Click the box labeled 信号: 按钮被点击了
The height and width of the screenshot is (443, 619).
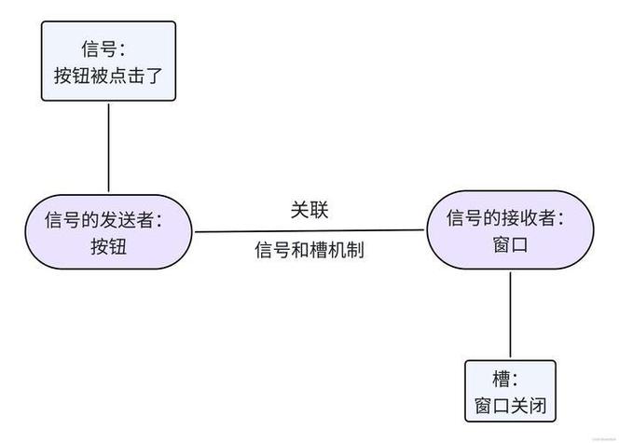(x=108, y=61)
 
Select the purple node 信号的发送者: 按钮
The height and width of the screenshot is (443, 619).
(x=108, y=232)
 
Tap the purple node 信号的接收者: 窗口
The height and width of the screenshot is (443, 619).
(x=510, y=232)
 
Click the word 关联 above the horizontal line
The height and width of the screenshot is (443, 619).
(x=309, y=210)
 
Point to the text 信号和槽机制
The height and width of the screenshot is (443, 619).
(x=309, y=251)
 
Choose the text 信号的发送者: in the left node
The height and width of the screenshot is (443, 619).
(x=103, y=219)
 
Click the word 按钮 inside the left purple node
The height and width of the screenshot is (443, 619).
(x=108, y=247)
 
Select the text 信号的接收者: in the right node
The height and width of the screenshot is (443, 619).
(x=505, y=218)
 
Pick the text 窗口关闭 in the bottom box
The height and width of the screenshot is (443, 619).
(x=510, y=407)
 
